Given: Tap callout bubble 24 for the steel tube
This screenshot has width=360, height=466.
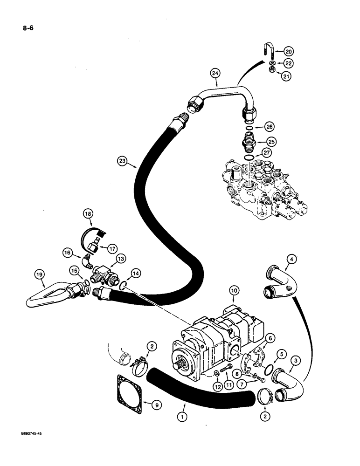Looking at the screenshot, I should point(215,73).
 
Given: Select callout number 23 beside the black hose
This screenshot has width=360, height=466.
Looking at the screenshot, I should point(123,162).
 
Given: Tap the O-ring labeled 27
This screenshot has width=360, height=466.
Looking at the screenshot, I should point(251,159).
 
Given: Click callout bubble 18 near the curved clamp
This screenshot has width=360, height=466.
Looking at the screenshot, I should point(89,214).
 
